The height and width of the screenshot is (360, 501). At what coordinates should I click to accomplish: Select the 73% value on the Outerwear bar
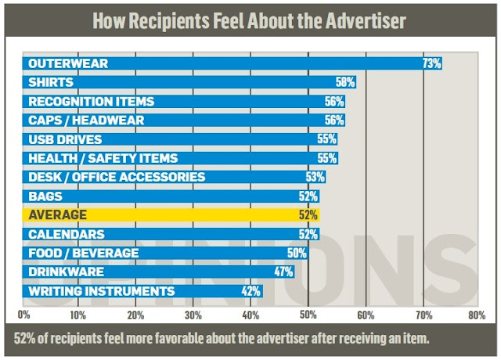[x=432, y=63]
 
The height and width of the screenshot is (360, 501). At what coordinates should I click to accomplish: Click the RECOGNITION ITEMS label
[x=91, y=101]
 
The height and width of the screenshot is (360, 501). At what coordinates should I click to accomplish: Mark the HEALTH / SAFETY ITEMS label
[x=97, y=158]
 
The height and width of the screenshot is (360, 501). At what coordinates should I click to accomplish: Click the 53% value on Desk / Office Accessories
[x=315, y=177]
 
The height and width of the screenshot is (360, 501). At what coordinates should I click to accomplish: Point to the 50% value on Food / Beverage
[x=298, y=253]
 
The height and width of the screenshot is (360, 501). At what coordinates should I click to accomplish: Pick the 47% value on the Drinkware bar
[x=283, y=272]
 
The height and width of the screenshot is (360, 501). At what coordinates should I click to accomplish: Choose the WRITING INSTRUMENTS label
[x=101, y=291]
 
